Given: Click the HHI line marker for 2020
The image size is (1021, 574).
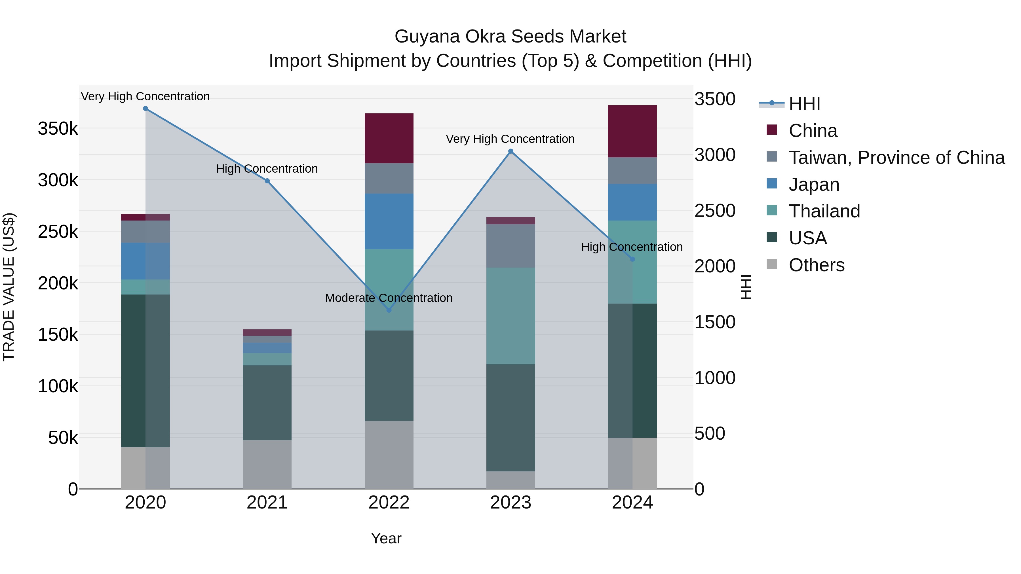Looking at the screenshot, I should coord(145,109).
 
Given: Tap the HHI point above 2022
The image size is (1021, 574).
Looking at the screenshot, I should coord(389,310).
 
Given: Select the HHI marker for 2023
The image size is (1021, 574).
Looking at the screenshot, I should coord(510,151).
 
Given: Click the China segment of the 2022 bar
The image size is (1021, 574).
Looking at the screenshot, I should coord(389,138).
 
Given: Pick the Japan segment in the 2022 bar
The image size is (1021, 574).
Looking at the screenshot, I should coord(389,221).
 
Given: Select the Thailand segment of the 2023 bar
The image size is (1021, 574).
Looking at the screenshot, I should coord(510,316).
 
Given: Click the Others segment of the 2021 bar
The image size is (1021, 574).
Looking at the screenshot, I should coord(267,464).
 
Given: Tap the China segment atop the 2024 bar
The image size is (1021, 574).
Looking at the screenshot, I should coord(632,131).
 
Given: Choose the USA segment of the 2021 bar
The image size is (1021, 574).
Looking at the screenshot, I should coord(267,403).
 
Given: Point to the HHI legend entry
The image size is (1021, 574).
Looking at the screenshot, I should coord(804,104).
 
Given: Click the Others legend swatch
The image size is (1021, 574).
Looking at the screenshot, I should coord(772,264).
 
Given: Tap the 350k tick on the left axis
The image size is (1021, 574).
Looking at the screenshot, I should coord(58,129).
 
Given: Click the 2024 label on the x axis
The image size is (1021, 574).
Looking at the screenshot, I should coord(632,503).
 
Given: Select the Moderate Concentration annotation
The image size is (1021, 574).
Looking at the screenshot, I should coord(389,298).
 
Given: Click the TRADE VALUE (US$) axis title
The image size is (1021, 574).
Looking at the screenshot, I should coord(9,287).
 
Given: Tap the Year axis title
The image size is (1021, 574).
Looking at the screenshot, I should coord(386,538).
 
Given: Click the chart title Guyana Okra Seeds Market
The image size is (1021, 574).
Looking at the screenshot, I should coord(510,37).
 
